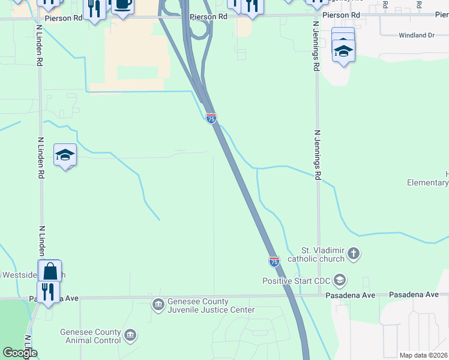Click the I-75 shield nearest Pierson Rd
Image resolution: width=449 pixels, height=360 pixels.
pyautogui.click(x=211, y=118)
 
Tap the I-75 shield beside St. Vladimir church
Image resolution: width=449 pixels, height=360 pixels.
pyautogui.click(x=274, y=261)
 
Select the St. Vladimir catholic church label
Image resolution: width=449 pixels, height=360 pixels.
pyautogui.click(x=316, y=254)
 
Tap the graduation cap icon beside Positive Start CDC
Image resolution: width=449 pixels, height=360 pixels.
pyautogui.click(x=340, y=280)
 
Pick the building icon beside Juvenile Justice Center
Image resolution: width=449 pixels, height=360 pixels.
pyautogui.click(x=158, y=305)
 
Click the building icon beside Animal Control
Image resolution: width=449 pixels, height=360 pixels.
pyautogui.click(x=130, y=335)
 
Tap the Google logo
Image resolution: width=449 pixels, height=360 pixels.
pyautogui.click(x=20, y=353)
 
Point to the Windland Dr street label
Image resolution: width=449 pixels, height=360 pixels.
pyautogui.click(x=416, y=35)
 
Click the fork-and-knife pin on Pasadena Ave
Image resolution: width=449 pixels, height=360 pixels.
pyautogui.click(x=47, y=292)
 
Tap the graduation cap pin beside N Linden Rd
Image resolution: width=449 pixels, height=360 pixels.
pyautogui.click(x=65, y=155)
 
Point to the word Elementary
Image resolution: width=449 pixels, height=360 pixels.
pyautogui.click(x=427, y=182)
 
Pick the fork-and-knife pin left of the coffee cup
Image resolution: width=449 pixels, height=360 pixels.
pyautogui.click(x=94, y=8)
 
